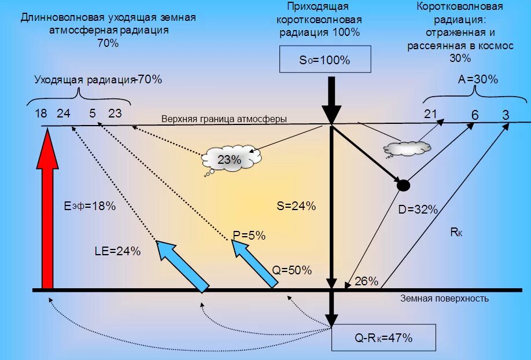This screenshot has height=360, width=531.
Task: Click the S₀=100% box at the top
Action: tap(325, 60)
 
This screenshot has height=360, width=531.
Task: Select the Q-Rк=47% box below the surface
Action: tap(384, 338)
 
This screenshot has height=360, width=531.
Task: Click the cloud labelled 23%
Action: tap(230, 160)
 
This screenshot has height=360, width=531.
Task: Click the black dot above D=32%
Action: tap(404, 186)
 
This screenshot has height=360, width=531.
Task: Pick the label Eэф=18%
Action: tap(90, 205)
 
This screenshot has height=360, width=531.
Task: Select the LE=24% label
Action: tap(117, 251)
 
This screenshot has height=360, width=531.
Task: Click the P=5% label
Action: tap(249, 236)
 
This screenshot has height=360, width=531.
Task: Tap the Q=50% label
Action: tap(292, 270)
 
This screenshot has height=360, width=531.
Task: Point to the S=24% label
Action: tap(296, 206)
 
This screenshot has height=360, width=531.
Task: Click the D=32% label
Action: tap(418, 210)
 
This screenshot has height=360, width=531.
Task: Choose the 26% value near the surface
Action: tap(366, 282)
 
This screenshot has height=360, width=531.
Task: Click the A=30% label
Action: tap(478, 80)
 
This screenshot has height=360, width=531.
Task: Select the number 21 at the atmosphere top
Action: tap(430, 114)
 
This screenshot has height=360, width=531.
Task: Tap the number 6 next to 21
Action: tap(474, 115)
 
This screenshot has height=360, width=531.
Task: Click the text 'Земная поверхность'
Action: tap(444, 299)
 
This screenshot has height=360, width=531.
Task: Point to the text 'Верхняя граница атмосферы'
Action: tap(224, 119)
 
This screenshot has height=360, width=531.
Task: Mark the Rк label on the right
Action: tap(456, 233)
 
